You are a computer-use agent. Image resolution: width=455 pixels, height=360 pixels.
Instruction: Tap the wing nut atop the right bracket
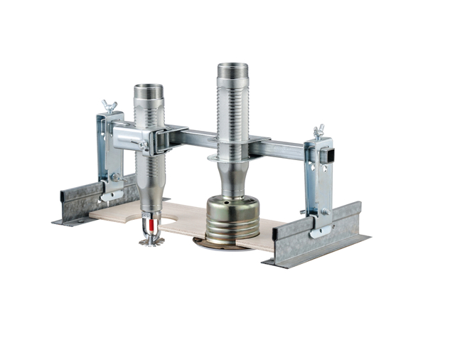coord(318,132)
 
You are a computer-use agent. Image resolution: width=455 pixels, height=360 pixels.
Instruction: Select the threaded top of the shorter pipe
coord(149,92)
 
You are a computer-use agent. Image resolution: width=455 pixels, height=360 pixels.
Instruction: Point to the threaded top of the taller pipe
coord(232,71)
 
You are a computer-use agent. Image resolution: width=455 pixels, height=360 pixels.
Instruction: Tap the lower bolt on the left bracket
coord(113,177)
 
